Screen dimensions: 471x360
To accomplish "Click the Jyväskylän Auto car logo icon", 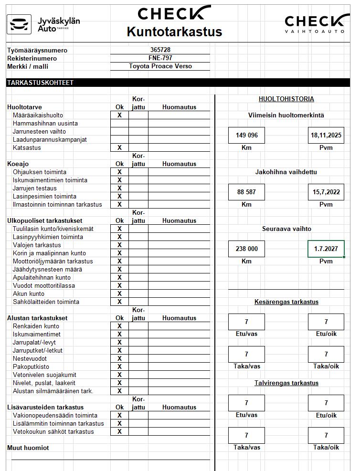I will (x=19, y=24).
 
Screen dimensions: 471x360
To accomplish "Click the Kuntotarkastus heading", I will (x=174, y=31).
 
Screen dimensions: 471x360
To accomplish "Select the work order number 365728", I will (x=160, y=50).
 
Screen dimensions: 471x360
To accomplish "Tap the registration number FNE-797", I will (x=160, y=58).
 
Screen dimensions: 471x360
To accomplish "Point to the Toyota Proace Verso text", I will (x=160, y=66).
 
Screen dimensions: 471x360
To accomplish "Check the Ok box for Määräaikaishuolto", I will (x=119, y=115).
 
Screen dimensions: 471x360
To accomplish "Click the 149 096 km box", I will (x=246, y=135).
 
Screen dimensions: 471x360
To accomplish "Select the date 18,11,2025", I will (x=326, y=135).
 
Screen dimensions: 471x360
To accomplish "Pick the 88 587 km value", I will (x=246, y=192).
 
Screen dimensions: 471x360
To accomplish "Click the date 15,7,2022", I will (x=326, y=192).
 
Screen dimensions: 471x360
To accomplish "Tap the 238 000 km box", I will (x=246, y=249).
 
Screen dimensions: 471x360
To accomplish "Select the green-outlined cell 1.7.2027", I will (x=326, y=249).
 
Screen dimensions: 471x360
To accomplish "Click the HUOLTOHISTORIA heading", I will (x=286, y=99).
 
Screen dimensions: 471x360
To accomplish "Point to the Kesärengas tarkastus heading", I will (x=286, y=302).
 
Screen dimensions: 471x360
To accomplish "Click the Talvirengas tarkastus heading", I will (x=286, y=383).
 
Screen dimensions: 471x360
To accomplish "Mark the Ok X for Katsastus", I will (x=119, y=147).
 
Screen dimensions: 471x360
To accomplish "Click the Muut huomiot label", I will (x=28, y=448).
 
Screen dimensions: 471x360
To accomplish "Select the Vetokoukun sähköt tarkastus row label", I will (x=53, y=431).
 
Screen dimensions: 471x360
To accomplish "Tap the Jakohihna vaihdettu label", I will (x=286, y=172).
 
